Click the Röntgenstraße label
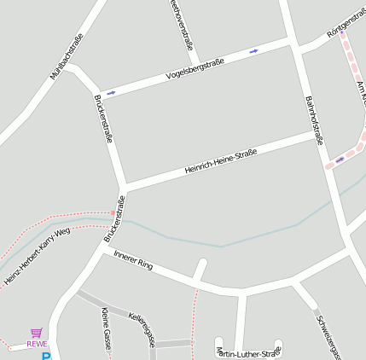click(346, 23)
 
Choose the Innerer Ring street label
click(133, 260)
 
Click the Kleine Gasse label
click(106, 328)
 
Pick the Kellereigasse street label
click(141, 328)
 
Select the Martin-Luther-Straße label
click(248, 352)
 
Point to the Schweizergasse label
click(328, 337)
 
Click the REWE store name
click(37, 344)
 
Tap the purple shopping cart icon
click(36, 333)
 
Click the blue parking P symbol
click(46, 357)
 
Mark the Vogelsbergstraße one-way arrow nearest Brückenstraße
click(111, 92)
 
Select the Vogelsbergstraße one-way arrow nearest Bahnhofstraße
click(253, 51)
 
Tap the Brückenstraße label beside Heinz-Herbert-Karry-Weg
click(114, 218)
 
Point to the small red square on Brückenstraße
click(113, 212)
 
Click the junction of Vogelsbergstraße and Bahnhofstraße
click(293, 40)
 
